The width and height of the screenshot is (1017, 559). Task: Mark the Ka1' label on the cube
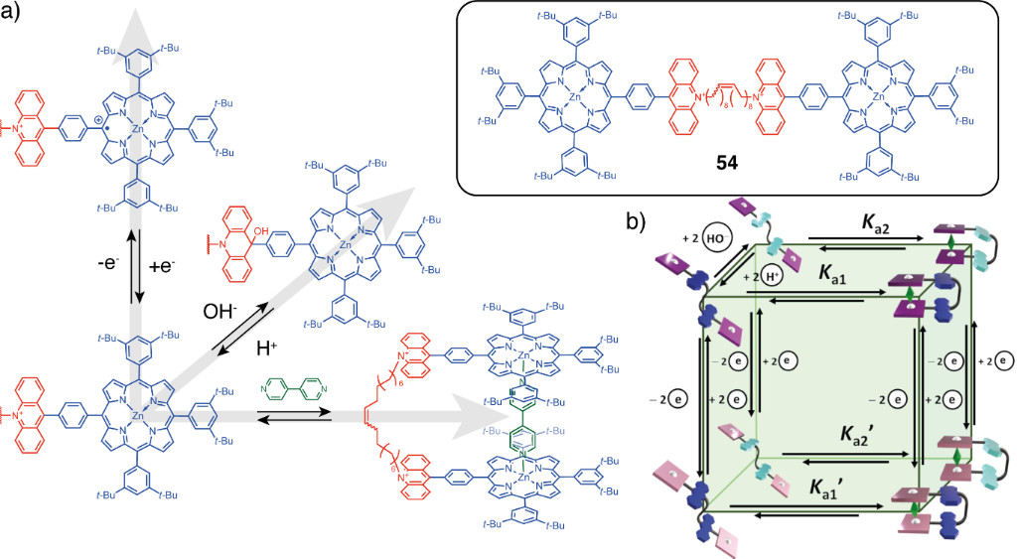(829, 489)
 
